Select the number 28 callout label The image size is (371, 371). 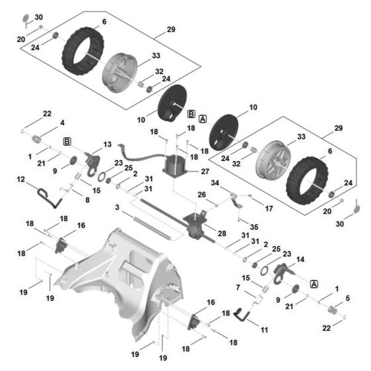point(222,234)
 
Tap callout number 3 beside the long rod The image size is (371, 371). point(117,207)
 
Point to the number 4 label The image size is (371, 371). point(62,123)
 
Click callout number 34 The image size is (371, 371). point(216,183)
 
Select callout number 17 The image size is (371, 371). point(269,208)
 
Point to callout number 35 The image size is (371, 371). point(254,227)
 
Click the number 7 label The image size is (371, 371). point(238,287)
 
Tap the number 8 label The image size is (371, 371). point(87,199)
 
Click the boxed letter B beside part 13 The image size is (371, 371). point(67,142)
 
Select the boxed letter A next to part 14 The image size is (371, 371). point(314,283)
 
